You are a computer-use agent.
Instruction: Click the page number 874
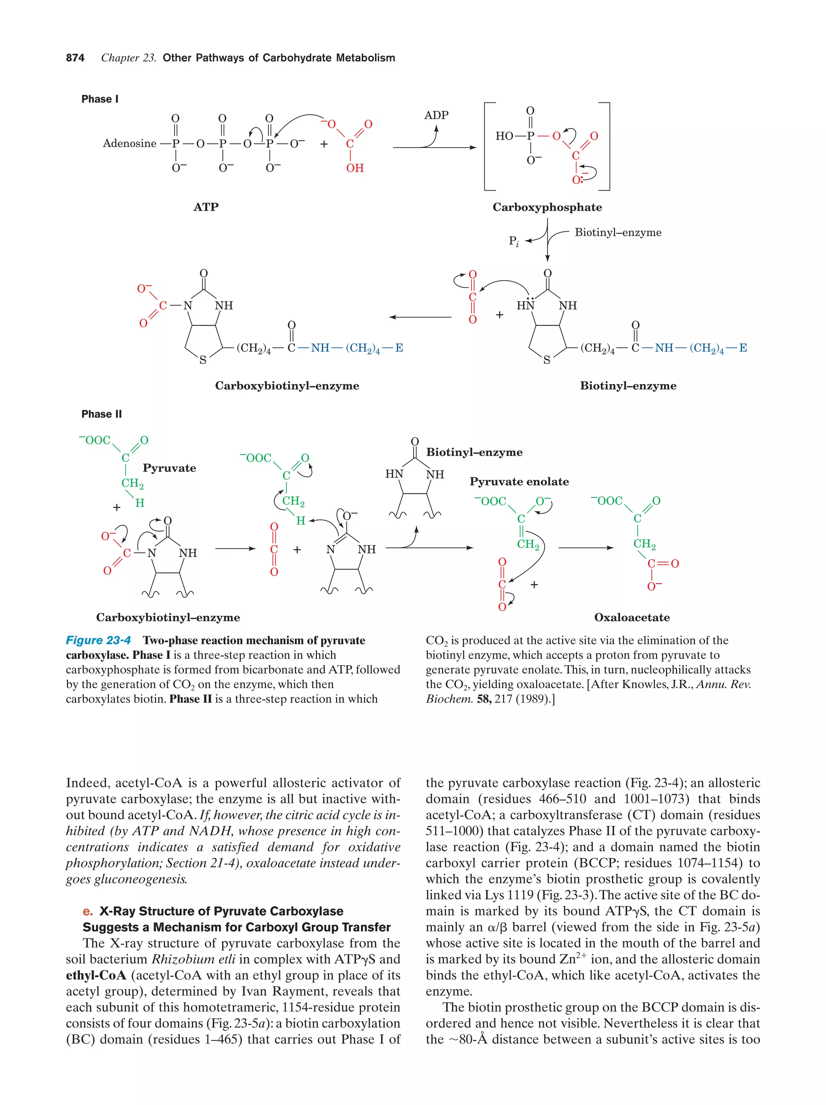point(75,58)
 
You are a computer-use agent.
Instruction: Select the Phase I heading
point(100,99)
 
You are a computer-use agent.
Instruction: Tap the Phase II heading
point(102,414)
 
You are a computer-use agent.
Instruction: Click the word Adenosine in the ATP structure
point(129,144)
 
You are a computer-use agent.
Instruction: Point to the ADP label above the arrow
point(436,115)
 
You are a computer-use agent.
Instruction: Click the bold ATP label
point(206,207)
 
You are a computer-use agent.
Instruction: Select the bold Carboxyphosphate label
point(547,207)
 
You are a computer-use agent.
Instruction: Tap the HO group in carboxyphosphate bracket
point(504,136)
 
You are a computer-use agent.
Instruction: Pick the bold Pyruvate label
point(169,468)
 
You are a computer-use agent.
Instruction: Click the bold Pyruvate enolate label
point(519,482)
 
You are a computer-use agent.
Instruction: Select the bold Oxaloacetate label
point(632,618)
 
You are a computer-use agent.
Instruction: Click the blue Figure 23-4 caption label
point(98,641)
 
